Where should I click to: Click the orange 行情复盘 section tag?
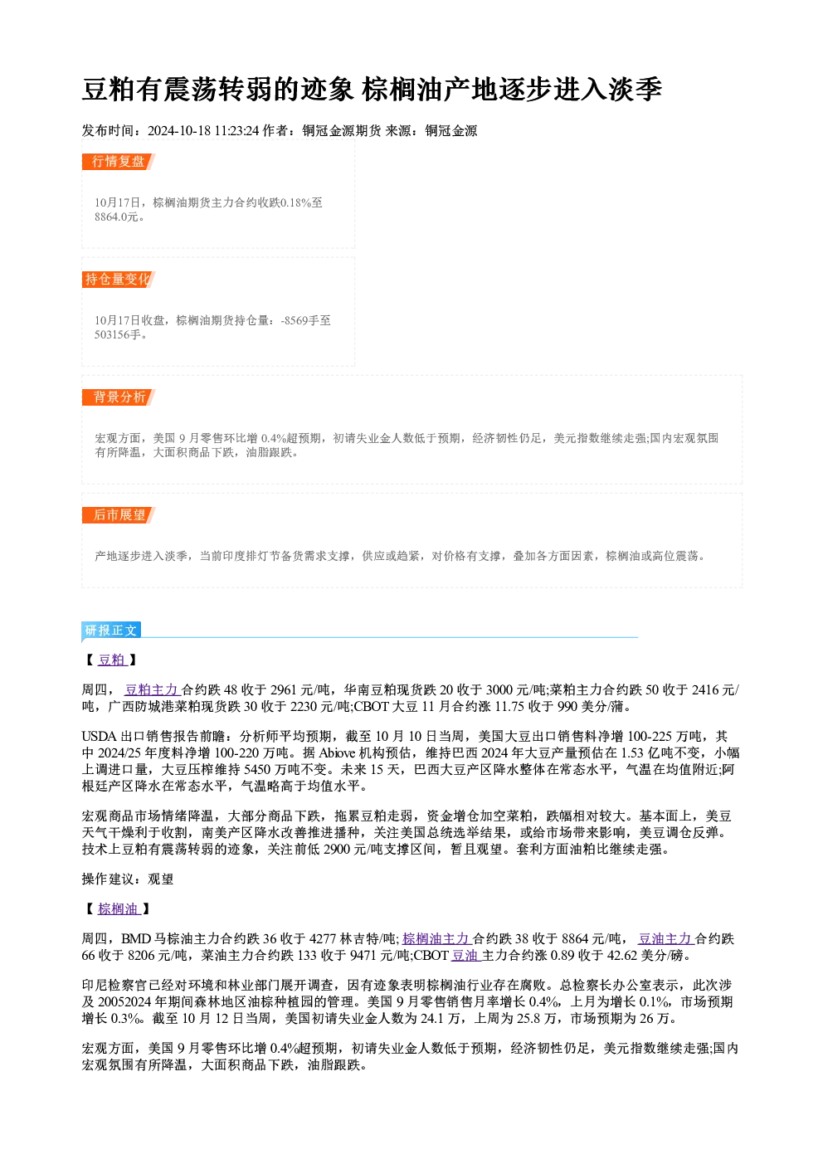[x=118, y=162]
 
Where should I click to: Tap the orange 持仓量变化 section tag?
[x=118, y=280]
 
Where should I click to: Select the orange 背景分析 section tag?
[x=118, y=397]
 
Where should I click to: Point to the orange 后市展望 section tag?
[x=118, y=515]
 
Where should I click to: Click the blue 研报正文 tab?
[x=111, y=631]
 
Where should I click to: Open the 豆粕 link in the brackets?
[x=113, y=660]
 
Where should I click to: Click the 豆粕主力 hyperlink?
[x=152, y=689]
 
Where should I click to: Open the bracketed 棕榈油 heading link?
[x=119, y=908]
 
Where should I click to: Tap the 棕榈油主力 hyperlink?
[x=436, y=938]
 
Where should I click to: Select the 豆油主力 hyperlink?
[x=666, y=938]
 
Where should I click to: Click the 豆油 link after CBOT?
[x=465, y=955]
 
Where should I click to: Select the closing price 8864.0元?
[x=116, y=217]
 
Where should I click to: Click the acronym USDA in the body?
[x=100, y=737]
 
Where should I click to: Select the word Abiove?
[x=337, y=753]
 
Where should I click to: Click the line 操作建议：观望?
[x=128, y=879]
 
